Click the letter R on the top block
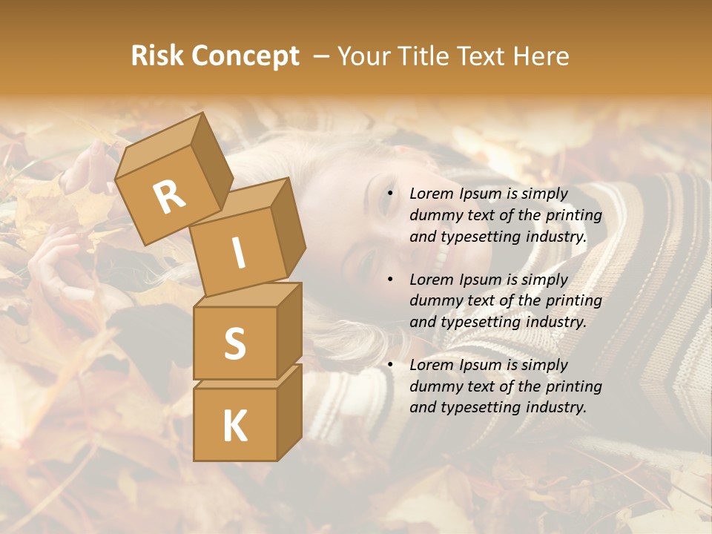(169, 197)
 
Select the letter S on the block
(234, 344)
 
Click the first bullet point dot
(390, 194)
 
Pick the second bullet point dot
(390, 280)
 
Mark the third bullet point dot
(390, 365)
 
